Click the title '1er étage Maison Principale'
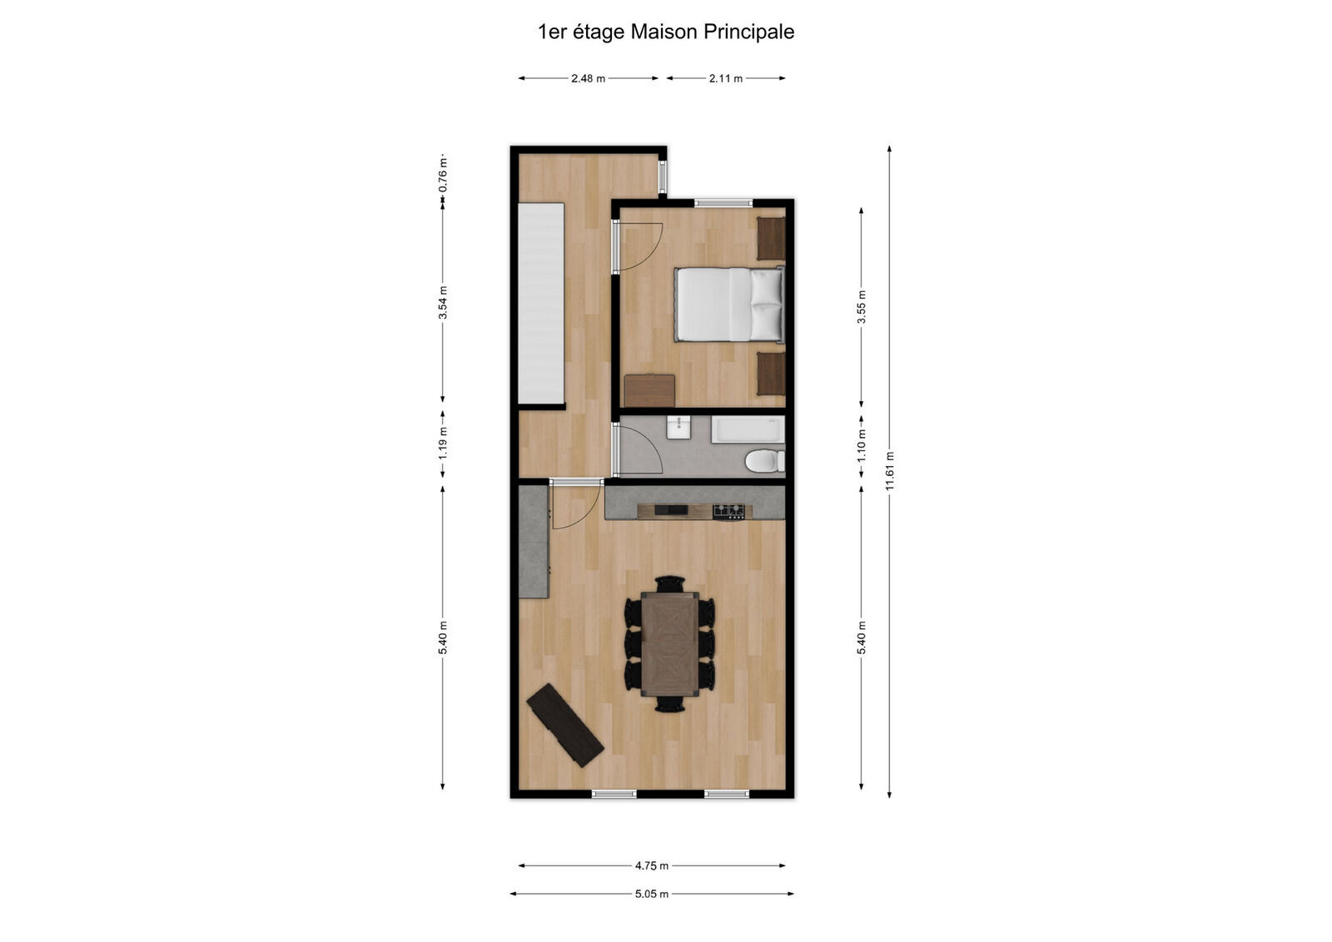tap(666, 32)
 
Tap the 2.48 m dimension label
tap(588, 78)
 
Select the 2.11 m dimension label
tap(725, 78)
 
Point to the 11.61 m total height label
tap(890, 471)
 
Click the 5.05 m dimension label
tap(652, 894)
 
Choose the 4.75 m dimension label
tap(652, 865)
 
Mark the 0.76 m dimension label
tap(443, 175)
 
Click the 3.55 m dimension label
tap(862, 306)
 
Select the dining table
tap(669, 644)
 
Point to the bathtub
tap(748, 430)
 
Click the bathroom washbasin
tap(678, 428)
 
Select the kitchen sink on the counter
tap(671, 510)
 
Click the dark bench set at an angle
tap(565, 725)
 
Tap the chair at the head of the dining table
tap(669, 583)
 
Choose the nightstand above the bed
tap(771, 238)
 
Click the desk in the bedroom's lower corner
tap(649, 390)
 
